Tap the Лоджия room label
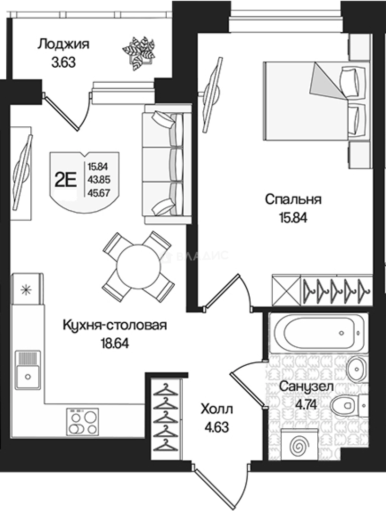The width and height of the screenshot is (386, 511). pos(63,45)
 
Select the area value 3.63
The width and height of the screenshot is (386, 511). pos(63,62)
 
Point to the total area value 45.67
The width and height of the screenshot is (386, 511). pos(97,191)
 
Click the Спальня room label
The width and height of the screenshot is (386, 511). pos(293,199)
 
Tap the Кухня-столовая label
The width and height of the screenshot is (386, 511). pos(115,326)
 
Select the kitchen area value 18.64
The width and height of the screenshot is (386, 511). pos(115,343)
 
